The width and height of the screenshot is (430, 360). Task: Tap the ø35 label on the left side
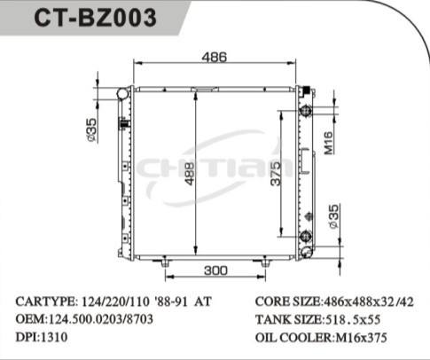point(90,129)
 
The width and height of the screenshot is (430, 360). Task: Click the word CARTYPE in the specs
point(45,301)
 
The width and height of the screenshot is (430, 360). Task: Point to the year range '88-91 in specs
point(171,301)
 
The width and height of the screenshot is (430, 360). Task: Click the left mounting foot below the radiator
point(164,262)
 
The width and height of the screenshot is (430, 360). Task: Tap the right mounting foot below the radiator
point(266,262)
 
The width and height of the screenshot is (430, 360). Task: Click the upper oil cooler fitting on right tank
point(306,112)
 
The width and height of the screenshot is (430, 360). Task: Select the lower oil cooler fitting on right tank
point(306,236)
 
